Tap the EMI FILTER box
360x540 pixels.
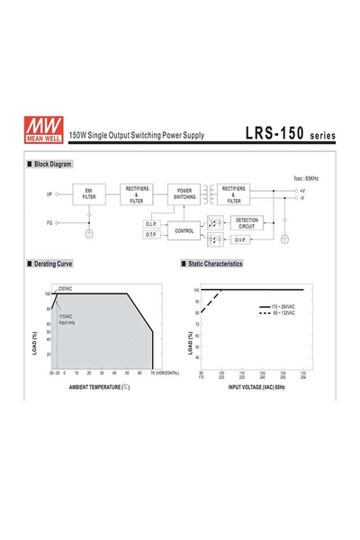click(88, 193)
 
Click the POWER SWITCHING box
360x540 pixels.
click(184, 193)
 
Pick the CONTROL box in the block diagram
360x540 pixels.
click(184, 230)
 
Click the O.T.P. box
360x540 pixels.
click(151, 235)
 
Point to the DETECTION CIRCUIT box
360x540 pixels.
click(246, 222)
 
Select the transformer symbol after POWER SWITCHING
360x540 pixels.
click(210, 193)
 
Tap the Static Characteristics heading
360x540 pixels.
click(215, 265)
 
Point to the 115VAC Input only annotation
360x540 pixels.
click(67, 319)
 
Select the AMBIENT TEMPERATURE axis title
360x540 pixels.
click(100, 387)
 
